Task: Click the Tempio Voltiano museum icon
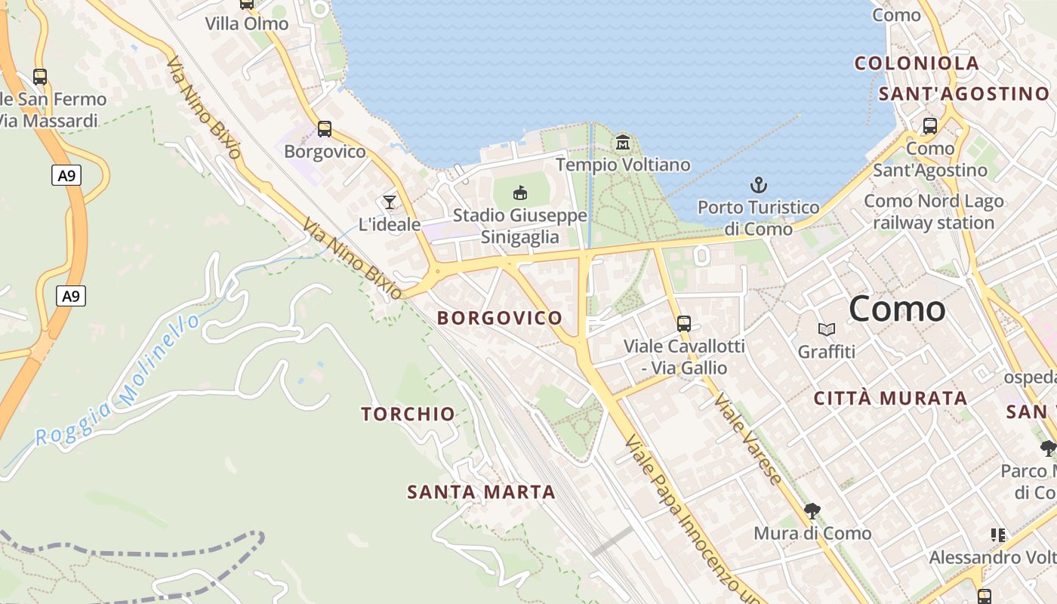(x=623, y=142)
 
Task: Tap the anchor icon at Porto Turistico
(x=758, y=185)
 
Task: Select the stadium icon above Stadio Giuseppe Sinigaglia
(x=520, y=193)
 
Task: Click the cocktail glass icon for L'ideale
(x=390, y=202)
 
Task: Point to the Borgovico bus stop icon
(x=325, y=129)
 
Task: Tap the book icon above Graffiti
(x=827, y=329)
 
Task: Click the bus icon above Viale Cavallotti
(x=684, y=324)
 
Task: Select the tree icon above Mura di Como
(x=812, y=511)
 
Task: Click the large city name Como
(x=897, y=309)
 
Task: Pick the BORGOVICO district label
(x=500, y=318)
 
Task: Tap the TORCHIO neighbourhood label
(x=408, y=414)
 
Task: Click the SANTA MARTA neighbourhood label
(x=481, y=492)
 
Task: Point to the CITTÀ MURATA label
(x=890, y=398)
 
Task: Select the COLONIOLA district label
(x=917, y=63)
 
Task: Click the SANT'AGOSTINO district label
(x=964, y=94)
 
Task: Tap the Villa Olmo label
(x=247, y=23)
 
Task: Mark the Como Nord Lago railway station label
(x=934, y=212)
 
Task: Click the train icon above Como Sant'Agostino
(x=930, y=126)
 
